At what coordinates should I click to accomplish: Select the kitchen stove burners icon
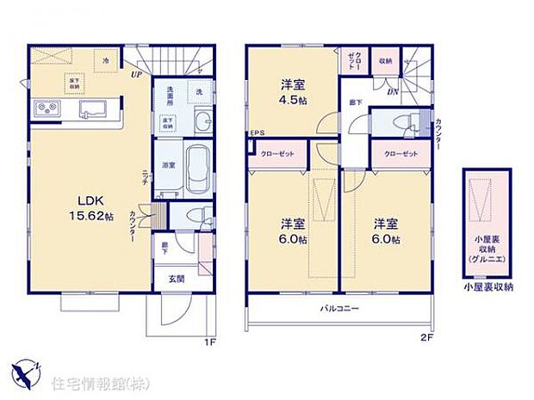tap(45, 108)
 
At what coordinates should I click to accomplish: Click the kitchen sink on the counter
tap(92, 109)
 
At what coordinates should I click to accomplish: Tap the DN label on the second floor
tap(392, 90)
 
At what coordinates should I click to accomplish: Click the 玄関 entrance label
tap(175, 278)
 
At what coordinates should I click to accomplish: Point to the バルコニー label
tap(340, 307)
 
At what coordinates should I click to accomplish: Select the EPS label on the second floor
tap(256, 133)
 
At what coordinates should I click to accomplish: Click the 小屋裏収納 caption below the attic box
tap(487, 287)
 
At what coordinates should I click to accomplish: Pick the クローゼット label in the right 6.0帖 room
tap(395, 153)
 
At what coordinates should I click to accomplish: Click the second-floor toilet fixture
tap(413, 120)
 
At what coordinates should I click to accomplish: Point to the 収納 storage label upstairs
tap(384, 61)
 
